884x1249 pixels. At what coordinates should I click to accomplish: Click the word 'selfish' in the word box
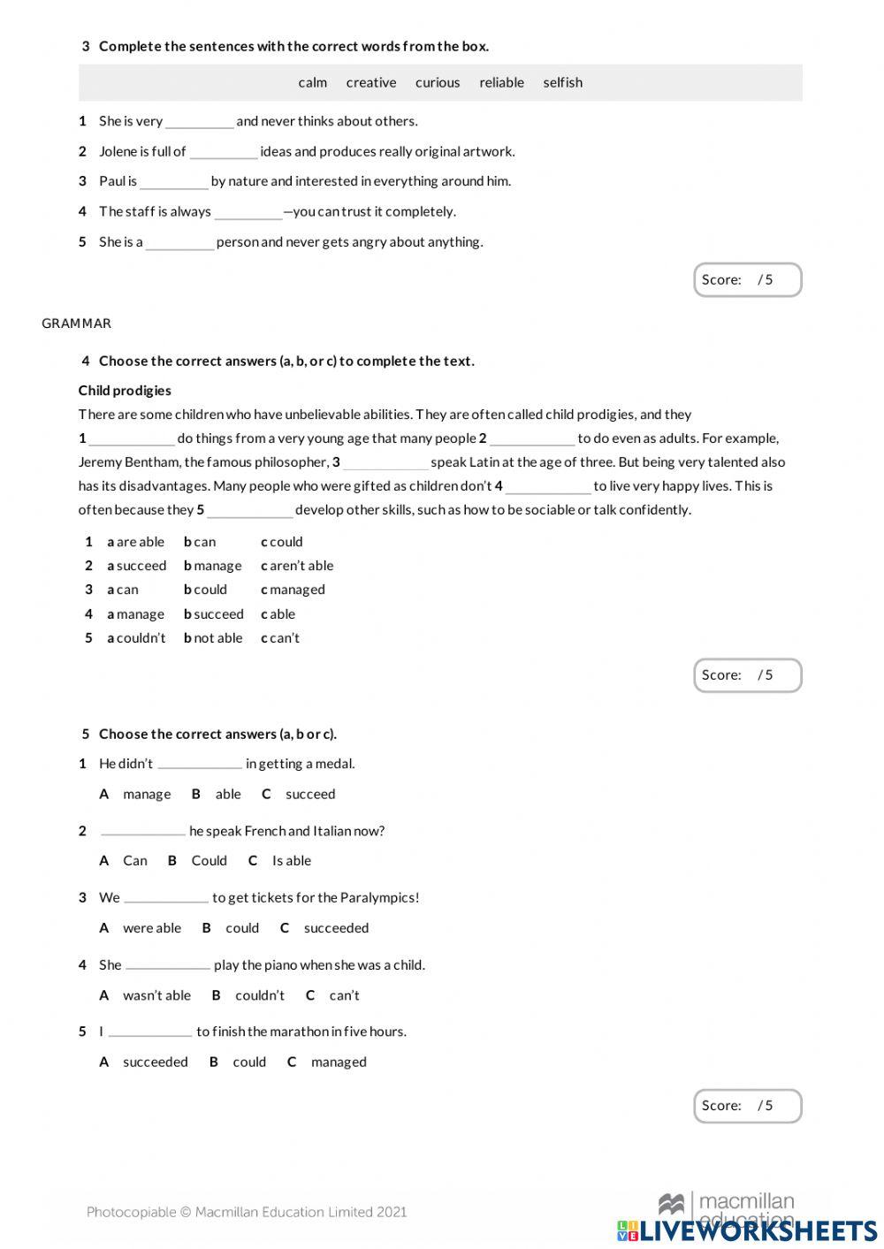click(562, 82)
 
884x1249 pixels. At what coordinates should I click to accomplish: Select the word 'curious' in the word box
click(438, 82)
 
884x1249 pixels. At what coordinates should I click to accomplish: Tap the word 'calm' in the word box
click(312, 82)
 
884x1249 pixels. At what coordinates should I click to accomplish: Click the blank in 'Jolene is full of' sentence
click(223, 152)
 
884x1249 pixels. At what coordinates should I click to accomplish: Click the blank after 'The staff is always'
click(248, 212)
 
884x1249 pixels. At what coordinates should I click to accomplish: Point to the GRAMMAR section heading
click(76, 324)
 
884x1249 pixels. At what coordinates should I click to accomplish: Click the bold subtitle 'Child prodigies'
click(125, 391)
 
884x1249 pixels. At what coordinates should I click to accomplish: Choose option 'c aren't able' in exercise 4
click(297, 566)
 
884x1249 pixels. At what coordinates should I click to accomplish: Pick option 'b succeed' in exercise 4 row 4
click(214, 614)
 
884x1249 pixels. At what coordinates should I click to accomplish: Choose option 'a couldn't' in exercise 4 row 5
click(136, 638)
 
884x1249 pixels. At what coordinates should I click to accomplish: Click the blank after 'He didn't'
click(199, 764)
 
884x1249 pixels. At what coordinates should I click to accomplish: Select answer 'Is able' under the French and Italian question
click(291, 861)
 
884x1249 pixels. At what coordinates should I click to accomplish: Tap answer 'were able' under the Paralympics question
click(152, 928)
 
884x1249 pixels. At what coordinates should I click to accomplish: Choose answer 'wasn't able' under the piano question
click(156, 995)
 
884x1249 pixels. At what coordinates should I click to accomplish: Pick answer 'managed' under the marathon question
click(339, 1062)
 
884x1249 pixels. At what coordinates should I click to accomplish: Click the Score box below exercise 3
click(747, 280)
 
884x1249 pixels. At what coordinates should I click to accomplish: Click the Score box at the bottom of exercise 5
click(747, 1106)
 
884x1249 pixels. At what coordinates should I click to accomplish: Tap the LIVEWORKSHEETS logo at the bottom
click(747, 1230)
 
